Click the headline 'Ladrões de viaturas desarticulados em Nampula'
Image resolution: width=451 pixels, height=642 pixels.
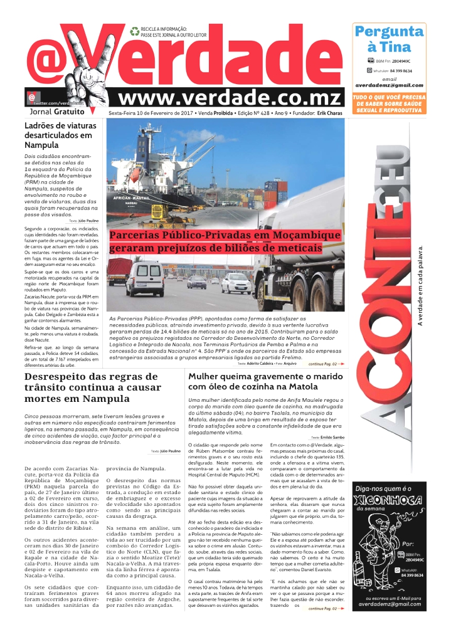pyautogui.click(x=58, y=135)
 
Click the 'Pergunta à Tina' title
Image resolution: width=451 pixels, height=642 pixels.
pyautogui.click(x=389, y=39)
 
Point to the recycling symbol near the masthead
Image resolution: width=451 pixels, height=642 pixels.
pyautogui.click(x=134, y=31)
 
